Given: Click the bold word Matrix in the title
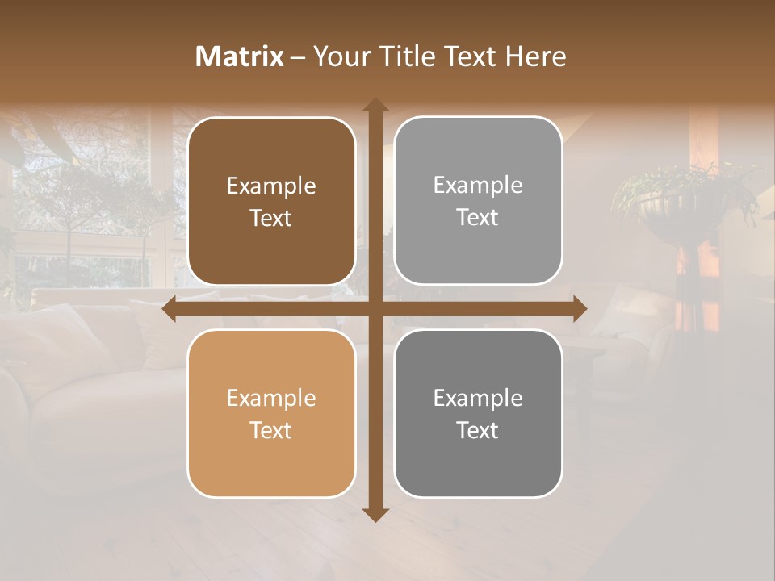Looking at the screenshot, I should (240, 56).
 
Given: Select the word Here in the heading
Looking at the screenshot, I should (535, 56).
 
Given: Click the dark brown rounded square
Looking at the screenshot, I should (271, 201).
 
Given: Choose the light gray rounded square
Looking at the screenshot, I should (478, 201).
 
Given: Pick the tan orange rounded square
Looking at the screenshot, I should (271, 413).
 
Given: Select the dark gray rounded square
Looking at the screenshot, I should (478, 413).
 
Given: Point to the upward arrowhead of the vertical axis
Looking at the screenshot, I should (375, 105).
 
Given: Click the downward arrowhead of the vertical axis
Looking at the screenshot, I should (375, 514).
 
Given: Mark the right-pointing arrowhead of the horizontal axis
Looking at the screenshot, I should (580, 309).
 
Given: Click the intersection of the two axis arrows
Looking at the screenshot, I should (375, 309).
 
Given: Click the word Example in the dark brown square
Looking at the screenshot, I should (271, 186).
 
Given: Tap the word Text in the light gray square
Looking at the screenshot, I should (478, 218).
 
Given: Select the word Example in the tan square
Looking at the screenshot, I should (271, 399).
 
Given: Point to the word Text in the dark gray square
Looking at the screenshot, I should (478, 430).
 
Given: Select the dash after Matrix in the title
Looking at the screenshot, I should (298, 57).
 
